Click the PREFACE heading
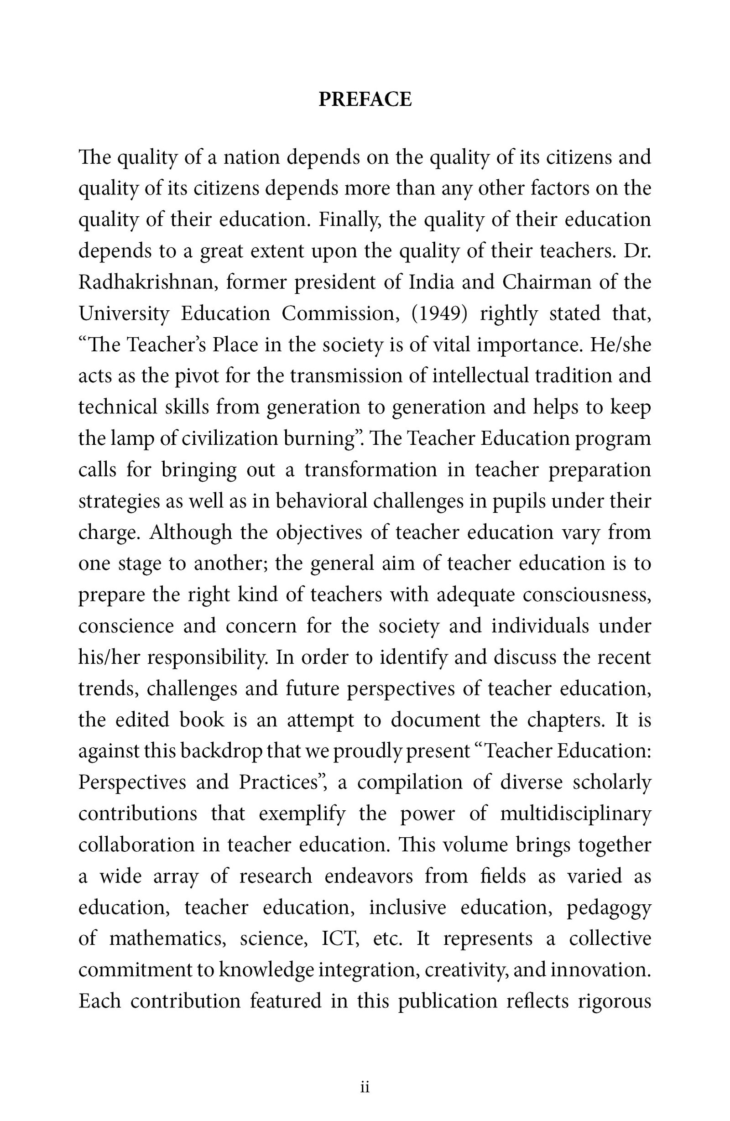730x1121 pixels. pyautogui.click(x=365, y=99)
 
